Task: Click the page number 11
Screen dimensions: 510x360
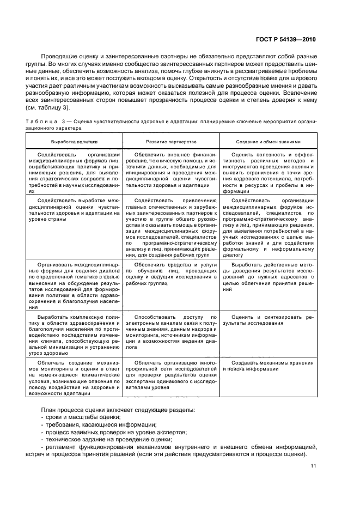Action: click(x=313, y=466)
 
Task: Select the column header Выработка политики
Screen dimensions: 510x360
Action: click(x=74, y=141)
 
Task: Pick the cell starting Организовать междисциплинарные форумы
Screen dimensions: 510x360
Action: click(x=74, y=284)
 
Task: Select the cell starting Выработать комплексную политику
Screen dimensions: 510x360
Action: click(x=74, y=333)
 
